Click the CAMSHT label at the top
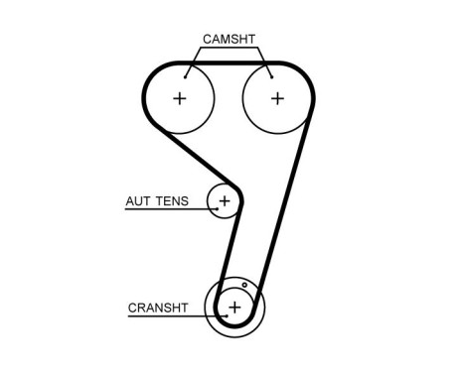tap(230, 39)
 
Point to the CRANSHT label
tap(158, 308)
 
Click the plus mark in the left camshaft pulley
tap(180, 98)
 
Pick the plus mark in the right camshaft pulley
tap(277, 98)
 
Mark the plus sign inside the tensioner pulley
tap(225, 201)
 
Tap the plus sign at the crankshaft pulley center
tap(234, 308)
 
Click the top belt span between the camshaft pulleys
tap(229, 62)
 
